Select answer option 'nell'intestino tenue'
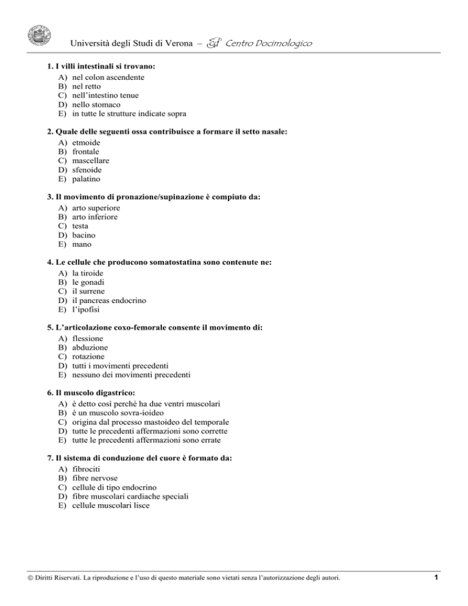coord(105,96)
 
